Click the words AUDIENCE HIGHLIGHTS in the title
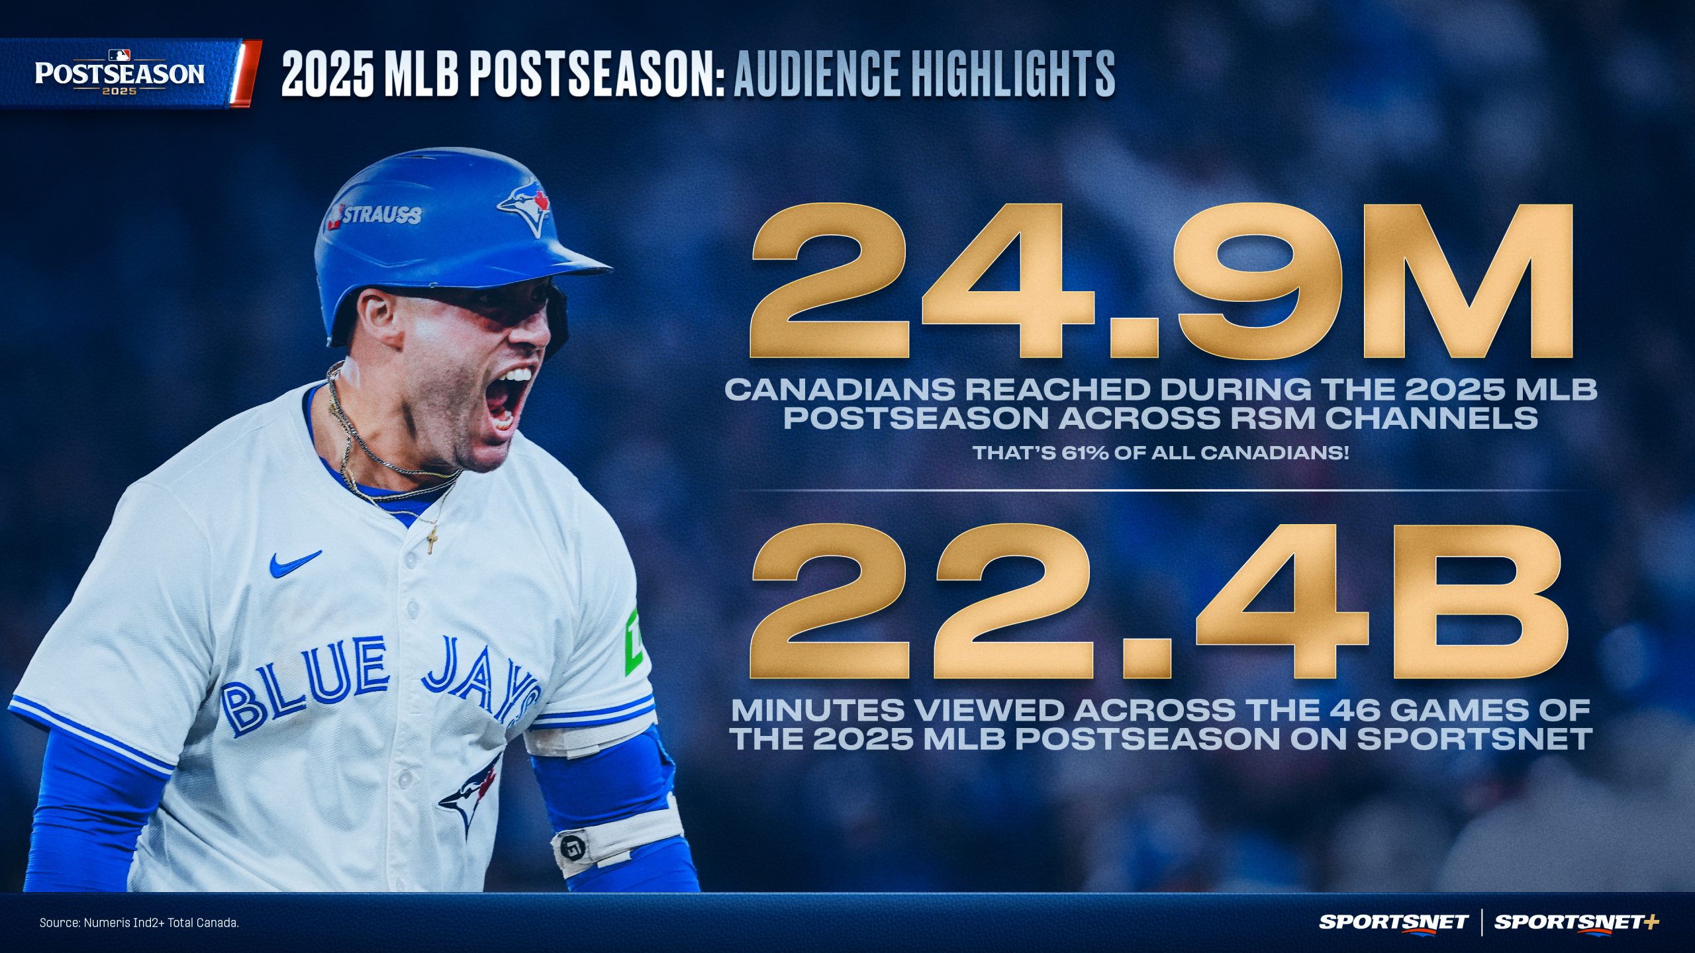[x=924, y=74]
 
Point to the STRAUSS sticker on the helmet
[x=375, y=215]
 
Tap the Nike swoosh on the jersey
[x=295, y=563]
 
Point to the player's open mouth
[x=507, y=400]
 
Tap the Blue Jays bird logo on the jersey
[x=470, y=797]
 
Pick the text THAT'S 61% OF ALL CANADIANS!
[x=1160, y=453]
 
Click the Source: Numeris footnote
[x=139, y=923]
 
